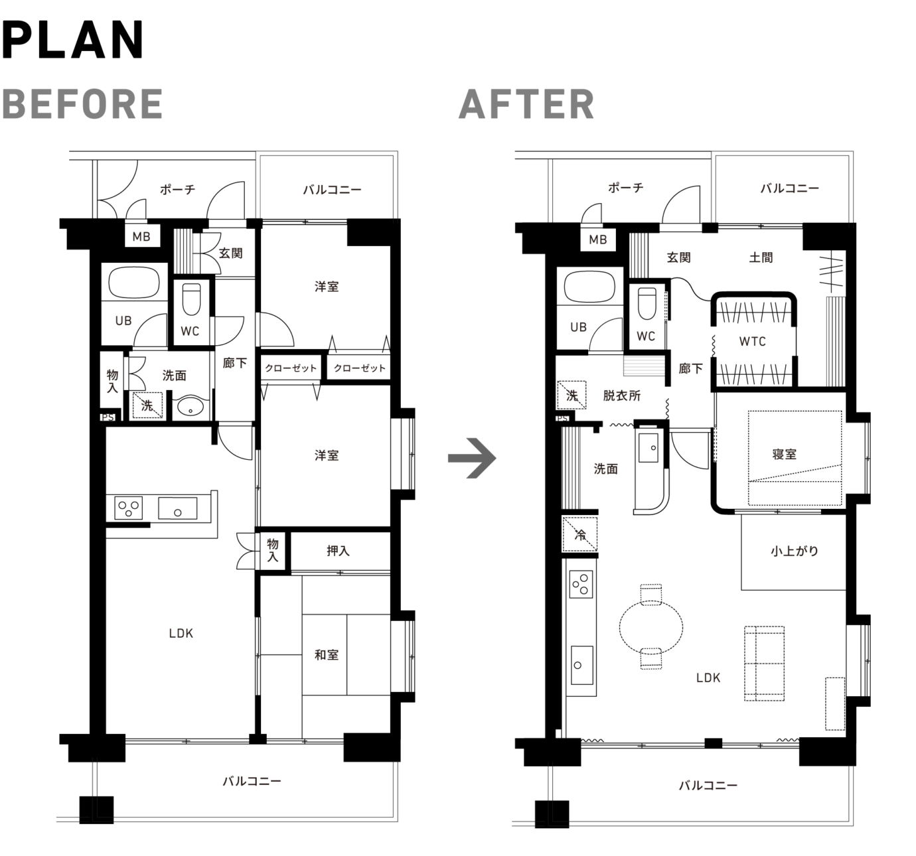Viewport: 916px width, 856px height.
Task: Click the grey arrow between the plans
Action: coord(472,458)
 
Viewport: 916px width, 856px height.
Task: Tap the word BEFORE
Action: coord(82,104)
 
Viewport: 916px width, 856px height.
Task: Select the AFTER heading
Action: coord(526,104)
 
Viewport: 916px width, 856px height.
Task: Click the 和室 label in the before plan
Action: coord(327,655)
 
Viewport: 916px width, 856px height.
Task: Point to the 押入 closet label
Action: coord(338,551)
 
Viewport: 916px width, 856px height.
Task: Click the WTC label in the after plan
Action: coord(752,342)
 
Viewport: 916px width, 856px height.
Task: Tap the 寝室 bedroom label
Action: coord(785,455)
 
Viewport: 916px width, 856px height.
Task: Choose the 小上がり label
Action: coord(795,551)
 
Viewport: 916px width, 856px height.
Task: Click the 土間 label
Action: coord(761,257)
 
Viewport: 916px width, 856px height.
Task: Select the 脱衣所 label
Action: coord(622,395)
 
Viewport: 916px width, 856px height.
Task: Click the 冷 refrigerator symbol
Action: coord(579,534)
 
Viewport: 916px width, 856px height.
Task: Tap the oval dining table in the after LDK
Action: coord(650,627)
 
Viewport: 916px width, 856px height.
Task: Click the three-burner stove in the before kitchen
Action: coord(128,508)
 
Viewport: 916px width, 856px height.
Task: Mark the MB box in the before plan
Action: coord(142,236)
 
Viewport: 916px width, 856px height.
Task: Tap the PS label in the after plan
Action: coord(562,419)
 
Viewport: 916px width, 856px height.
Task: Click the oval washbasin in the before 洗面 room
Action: coord(191,407)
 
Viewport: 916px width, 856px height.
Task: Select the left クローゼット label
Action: coord(291,368)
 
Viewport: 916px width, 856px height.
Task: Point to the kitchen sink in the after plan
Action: coord(582,665)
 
